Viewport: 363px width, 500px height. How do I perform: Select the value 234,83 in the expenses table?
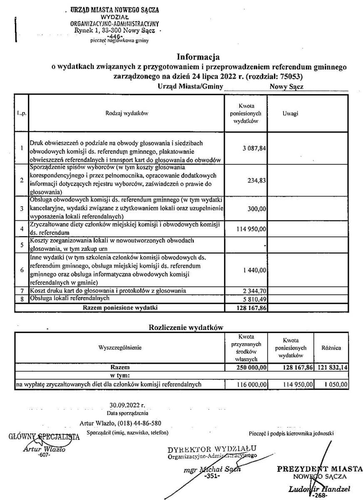[x=257, y=180]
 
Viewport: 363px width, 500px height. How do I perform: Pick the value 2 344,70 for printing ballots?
[x=254, y=290]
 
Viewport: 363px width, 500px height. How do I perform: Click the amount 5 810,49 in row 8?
[x=254, y=299]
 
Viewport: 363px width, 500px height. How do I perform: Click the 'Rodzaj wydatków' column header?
[x=127, y=113]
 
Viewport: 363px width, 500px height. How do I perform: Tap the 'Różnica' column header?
[x=331, y=347]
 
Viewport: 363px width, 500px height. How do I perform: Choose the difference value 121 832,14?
[x=331, y=368]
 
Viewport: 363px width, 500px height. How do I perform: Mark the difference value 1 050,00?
[x=336, y=385]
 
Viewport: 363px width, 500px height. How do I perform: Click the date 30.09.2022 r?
[x=127, y=405]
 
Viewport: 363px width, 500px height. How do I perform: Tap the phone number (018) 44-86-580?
[x=140, y=423]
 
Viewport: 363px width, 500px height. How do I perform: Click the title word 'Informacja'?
[x=198, y=57]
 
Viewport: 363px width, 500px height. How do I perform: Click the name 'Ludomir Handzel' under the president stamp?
[x=319, y=489]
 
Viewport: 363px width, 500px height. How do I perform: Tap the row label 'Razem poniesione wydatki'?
[x=120, y=308]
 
